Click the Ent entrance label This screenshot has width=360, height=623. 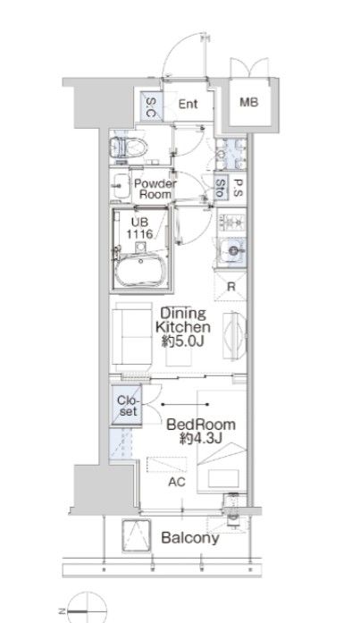tap(188, 104)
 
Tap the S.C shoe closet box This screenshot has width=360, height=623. tap(151, 106)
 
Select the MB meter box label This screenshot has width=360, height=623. tap(249, 102)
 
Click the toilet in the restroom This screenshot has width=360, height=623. tap(128, 147)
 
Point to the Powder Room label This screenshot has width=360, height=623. tap(155, 189)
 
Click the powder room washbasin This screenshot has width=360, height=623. tap(121, 186)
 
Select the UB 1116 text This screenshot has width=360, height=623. tap(139, 228)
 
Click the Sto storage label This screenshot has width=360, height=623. tap(221, 188)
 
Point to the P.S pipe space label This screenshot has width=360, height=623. tap(239, 188)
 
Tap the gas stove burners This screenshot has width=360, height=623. tap(231, 223)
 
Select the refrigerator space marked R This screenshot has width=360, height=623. tap(230, 286)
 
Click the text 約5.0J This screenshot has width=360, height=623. tap(182, 341)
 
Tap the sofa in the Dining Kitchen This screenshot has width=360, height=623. tap(132, 337)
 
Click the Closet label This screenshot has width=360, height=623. tap(128, 406)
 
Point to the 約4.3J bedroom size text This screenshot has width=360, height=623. tap(201, 438)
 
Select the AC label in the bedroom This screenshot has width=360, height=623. tap(177, 482)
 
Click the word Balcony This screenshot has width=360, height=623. tap(189, 538)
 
